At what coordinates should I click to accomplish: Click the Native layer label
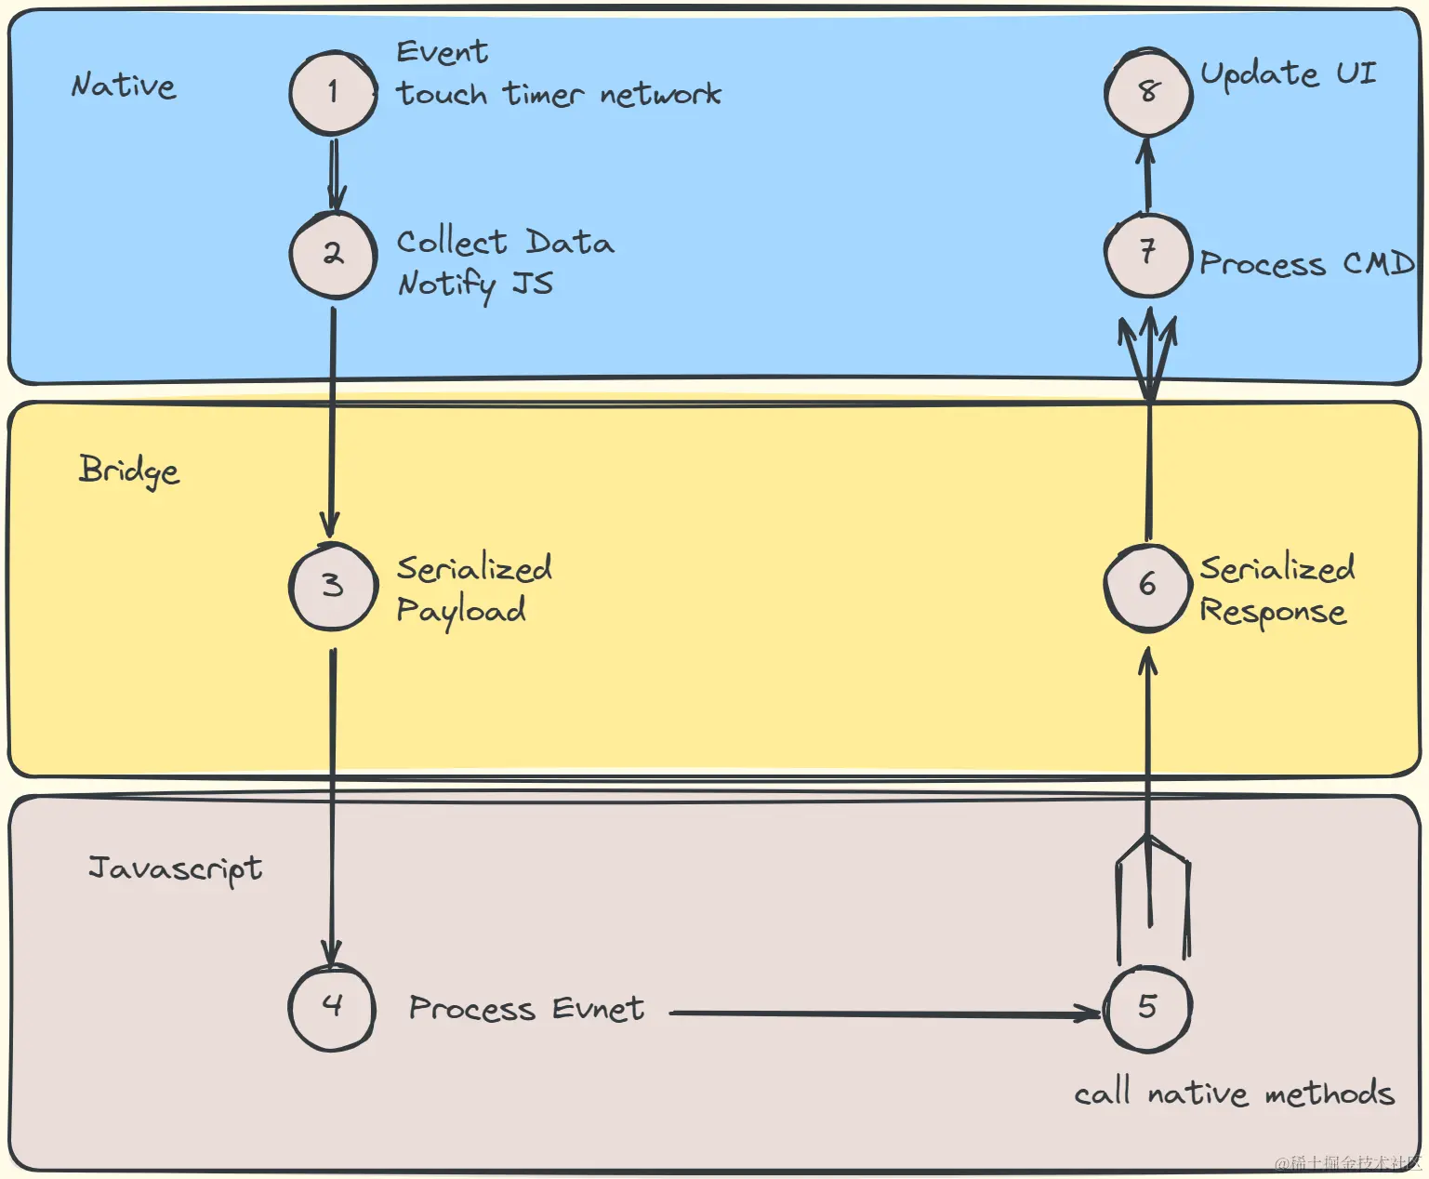click(x=124, y=85)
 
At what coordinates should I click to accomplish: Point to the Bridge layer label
click(x=129, y=471)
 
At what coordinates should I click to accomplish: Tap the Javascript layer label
click(x=175, y=869)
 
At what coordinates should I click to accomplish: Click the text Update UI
click(x=1288, y=74)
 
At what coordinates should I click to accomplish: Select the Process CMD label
click(x=1306, y=263)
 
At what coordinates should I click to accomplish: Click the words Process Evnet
click(x=526, y=1009)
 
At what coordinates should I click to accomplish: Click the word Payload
click(x=461, y=612)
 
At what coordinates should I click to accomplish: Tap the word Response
click(x=1273, y=612)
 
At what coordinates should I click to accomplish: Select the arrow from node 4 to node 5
click(x=886, y=1013)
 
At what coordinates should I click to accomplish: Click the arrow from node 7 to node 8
click(x=1147, y=174)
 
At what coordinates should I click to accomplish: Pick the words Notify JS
click(x=476, y=285)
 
